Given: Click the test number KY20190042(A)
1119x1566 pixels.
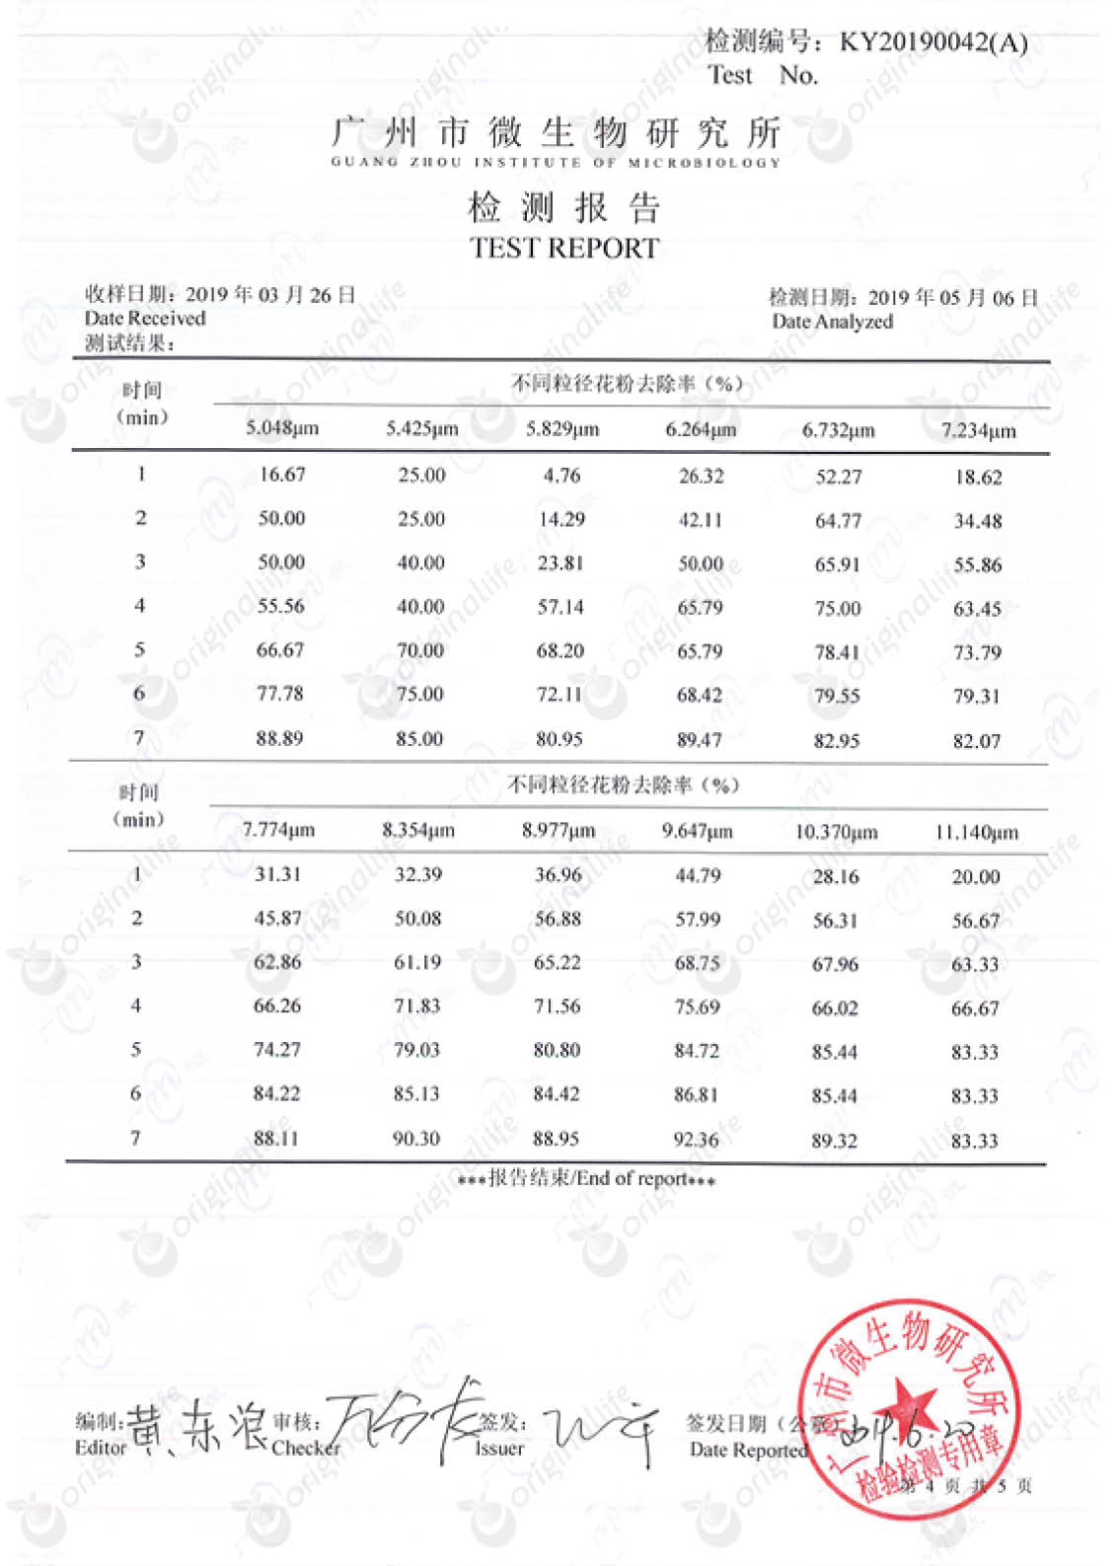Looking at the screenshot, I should coord(932,42).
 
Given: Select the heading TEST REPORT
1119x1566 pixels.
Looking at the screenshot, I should coord(564,249).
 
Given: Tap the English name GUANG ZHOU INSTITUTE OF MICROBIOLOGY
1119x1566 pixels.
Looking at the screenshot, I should coord(556,162).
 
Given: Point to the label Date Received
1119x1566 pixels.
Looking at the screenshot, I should coord(145,319).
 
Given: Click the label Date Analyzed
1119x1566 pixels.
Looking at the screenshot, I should coord(832,322).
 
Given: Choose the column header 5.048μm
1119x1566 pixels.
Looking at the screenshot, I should coord(282,428).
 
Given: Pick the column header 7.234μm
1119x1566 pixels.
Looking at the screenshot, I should coord(978,430).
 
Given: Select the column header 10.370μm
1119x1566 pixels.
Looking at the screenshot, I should coord(836,832).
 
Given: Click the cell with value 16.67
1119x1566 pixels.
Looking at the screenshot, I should coord(282,475).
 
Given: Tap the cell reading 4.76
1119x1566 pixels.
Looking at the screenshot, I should coord(561,476).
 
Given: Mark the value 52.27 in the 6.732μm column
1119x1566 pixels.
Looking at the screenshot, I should coord(838,477).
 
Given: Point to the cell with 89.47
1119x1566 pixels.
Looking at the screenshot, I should coord(700,739).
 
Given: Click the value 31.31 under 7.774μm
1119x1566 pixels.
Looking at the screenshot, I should coord(277,874).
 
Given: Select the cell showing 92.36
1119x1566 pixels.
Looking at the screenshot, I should coord(696,1140).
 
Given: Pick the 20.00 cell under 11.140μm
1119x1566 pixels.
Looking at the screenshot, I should coord(975,877).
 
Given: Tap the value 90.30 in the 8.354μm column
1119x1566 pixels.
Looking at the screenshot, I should coord(416,1139).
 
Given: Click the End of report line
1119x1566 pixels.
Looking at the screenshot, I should coord(587,1178).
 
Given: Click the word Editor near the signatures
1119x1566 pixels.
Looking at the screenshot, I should coord(101,1448).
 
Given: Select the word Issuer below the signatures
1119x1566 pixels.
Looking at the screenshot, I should coord(499,1449).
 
